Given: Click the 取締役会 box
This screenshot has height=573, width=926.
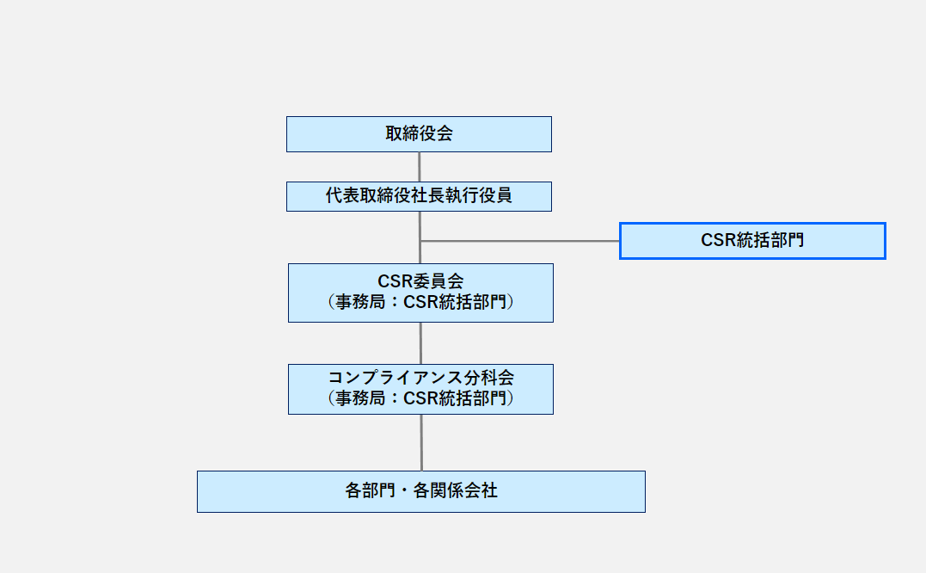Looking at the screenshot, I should (419, 134).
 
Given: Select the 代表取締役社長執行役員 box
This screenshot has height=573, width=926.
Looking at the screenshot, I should (419, 196).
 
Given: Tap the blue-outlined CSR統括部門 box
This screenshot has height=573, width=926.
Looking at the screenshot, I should (752, 241).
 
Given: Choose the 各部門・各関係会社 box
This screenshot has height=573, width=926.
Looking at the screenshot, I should (420, 491).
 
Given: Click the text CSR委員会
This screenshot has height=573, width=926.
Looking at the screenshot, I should (420, 282).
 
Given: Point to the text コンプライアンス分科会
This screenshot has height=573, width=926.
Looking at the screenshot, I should (420, 378).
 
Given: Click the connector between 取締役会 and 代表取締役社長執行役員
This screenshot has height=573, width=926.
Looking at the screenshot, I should (420, 167).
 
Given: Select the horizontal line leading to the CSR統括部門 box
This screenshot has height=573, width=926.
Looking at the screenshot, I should (520, 241).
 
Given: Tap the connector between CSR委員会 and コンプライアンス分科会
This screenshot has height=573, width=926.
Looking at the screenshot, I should (420, 343).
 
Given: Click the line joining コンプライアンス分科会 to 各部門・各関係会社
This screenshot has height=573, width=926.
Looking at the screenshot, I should (421, 442).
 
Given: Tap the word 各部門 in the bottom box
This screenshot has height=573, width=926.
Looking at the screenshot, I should (370, 491).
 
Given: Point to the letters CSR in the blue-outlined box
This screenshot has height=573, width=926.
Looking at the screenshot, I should (717, 241).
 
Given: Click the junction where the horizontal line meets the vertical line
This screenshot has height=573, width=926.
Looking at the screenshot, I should (420, 241).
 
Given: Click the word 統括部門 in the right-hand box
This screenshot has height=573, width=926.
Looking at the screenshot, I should (770, 241).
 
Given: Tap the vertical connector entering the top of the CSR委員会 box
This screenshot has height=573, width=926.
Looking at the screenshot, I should (420, 254).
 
